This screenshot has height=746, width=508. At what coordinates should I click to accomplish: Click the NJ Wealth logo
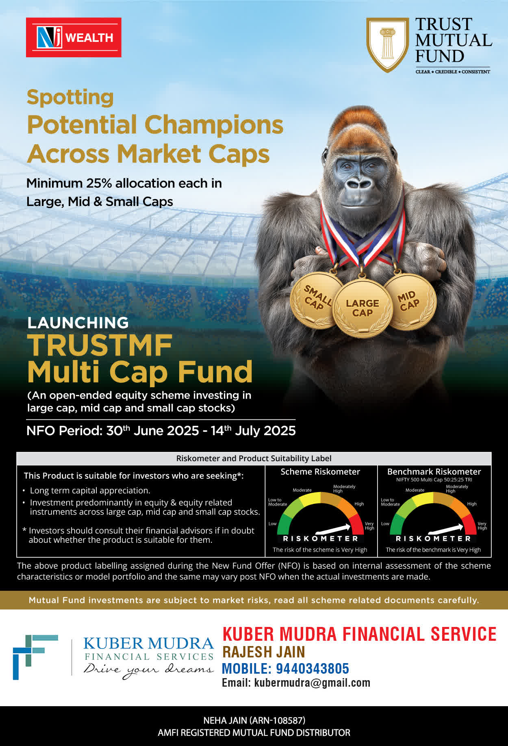click(x=74, y=37)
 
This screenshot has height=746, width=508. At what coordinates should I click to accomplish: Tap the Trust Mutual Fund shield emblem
click(x=387, y=45)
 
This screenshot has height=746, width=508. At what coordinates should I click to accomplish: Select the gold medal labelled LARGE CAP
click(x=363, y=308)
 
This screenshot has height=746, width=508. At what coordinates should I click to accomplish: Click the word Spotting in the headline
click(x=70, y=98)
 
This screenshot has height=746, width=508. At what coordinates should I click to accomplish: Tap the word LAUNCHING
click(x=78, y=323)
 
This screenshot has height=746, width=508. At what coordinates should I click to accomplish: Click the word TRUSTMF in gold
click(x=100, y=345)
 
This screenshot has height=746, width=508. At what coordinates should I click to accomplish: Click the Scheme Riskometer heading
click(x=320, y=472)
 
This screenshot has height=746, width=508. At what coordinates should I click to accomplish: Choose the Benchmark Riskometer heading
click(x=434, y=472)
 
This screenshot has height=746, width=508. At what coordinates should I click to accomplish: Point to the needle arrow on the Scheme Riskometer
click(x=333, y=529)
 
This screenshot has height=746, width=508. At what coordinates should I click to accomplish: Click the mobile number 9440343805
click(x=313, y=668)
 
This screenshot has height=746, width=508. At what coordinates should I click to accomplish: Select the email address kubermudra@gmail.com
click(x=312, y=683)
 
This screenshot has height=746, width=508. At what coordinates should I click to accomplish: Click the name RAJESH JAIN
click(x=264, y=652)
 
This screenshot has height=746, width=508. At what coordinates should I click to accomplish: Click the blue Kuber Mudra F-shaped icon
click(x=35, y=657)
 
